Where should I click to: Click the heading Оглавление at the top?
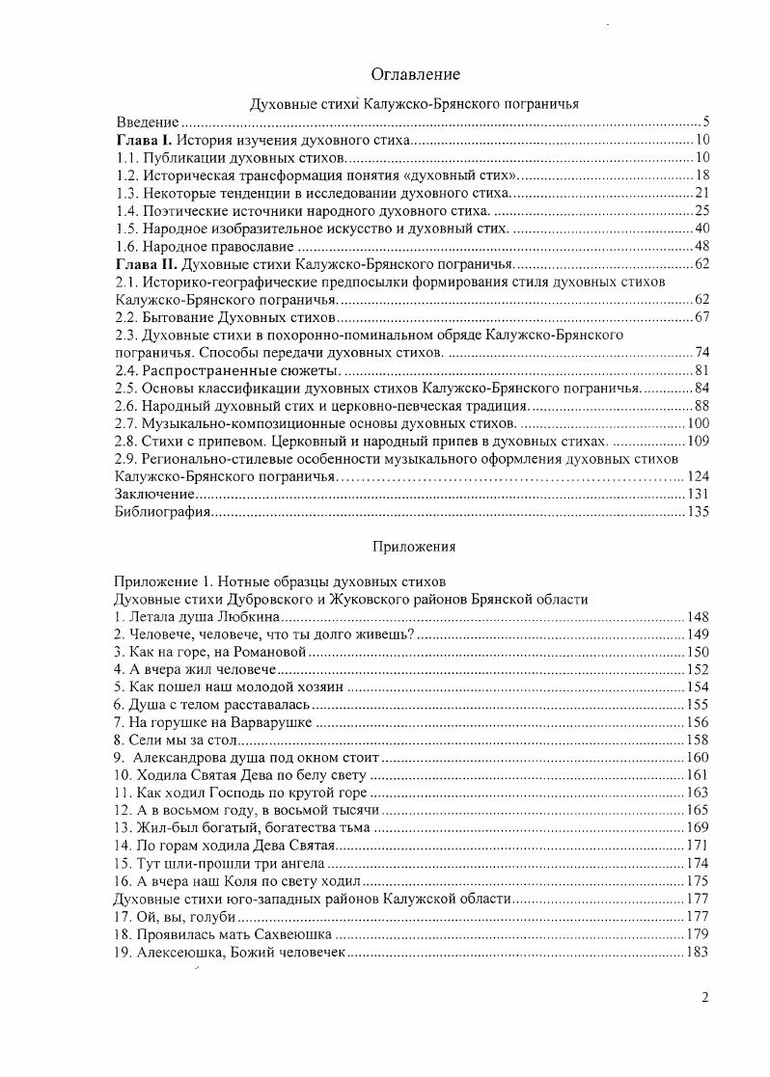(x=414, y=74)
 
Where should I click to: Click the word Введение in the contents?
(x=148, y=122)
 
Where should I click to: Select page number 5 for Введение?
(x=705, y=122)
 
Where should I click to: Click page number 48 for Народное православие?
(x=701, y=246)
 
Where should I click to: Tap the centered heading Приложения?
(x=414, y=547)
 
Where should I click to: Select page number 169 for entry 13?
(x=698, y=827)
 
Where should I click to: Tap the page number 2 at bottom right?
(x=705, y=998)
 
